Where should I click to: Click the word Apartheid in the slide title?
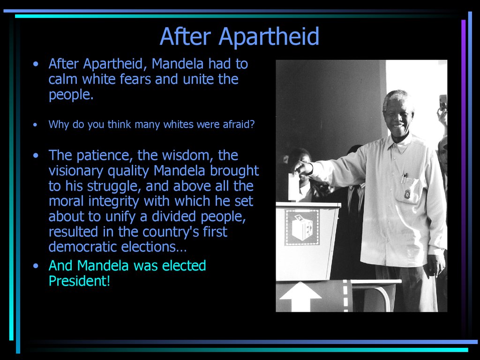click(x=269, y=37)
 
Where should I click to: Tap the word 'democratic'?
click(x=82, y=247)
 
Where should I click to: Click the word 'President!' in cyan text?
click(x=79, y=281)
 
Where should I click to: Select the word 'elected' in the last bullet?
click(x=184, y=266)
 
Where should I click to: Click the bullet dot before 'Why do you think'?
click(x=36, y=125)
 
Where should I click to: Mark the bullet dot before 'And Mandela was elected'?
click(x=36, y=266)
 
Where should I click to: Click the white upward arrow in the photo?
click(x=300, y=296)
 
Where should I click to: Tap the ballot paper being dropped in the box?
click(x=293, y=187)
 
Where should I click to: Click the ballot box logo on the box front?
click(x=302, y=227)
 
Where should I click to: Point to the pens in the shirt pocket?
click(x=405, y=178)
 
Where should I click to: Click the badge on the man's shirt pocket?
click(x=407, y=194)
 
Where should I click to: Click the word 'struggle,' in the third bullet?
click(x=114, y=187)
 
